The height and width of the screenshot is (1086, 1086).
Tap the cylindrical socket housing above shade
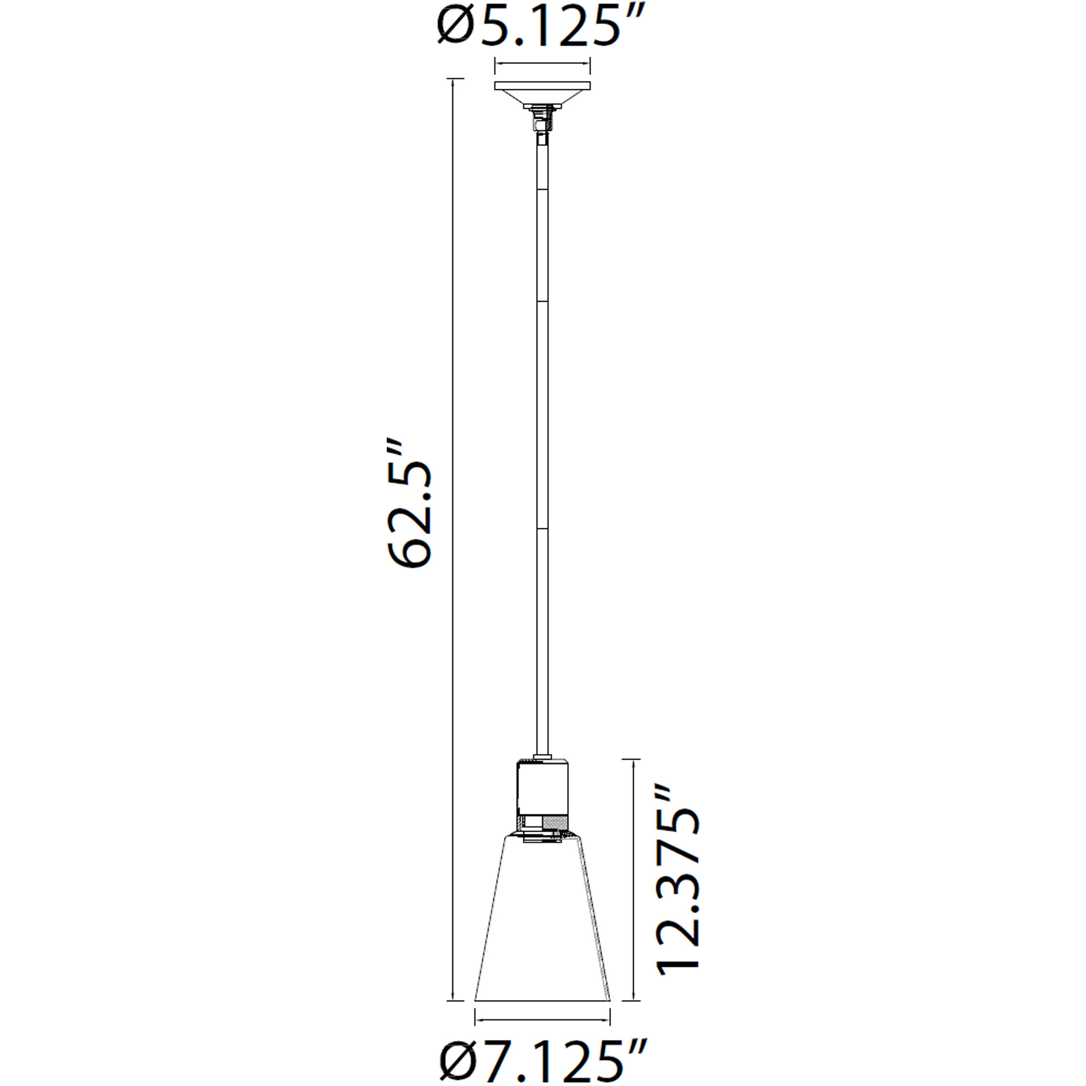543,787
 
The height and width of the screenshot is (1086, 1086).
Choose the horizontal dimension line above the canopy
543,63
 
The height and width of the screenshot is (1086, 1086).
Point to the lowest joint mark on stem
542,529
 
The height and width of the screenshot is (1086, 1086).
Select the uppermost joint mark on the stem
542,189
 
